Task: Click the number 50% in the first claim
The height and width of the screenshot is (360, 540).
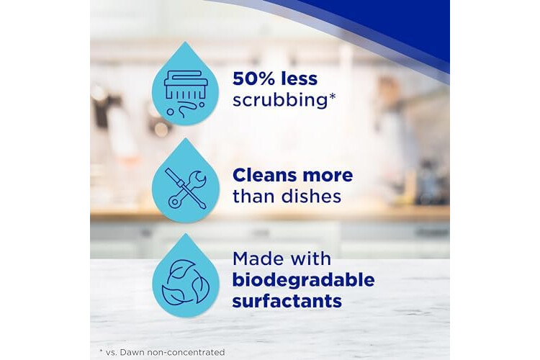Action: pos(254,79)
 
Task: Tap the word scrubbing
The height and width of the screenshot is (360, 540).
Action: pos(279,100)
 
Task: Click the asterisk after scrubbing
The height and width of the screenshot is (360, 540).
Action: pos(332,96)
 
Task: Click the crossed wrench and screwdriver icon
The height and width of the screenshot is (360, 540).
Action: pos(186,189)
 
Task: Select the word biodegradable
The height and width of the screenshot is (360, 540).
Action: pos(303,280)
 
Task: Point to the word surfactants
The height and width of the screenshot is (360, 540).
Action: pos(287,301)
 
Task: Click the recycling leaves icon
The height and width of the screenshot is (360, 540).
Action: pos(185,282)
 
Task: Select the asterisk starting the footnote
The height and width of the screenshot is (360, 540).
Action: pos(102,351)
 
